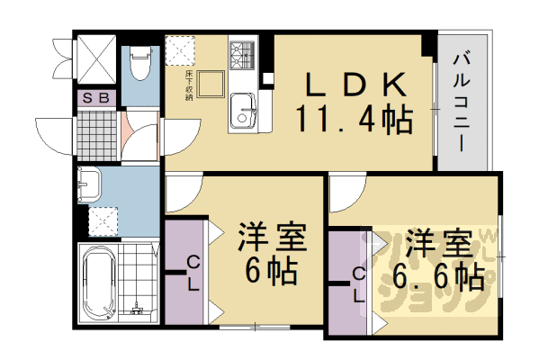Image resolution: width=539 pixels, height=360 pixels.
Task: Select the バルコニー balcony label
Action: [463, 99]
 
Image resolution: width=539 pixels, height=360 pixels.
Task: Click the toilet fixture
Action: [139, 63]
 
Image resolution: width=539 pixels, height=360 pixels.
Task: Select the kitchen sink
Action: [243, 112]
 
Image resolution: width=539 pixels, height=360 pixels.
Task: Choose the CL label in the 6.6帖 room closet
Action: [356, 284]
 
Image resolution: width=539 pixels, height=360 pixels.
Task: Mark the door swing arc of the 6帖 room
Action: [183, 192]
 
